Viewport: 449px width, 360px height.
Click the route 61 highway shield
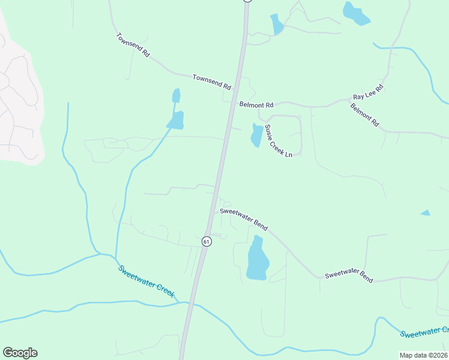click(x=206, y=241)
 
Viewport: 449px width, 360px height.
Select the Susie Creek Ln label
click(x=279, y=141)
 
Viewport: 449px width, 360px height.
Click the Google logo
click(x=20, y=353)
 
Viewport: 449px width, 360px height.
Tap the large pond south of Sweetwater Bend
click(x=258, y=259)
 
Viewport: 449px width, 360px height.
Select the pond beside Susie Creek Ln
click(x=256, y=135)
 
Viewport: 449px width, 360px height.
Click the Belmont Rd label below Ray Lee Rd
click(x=365, y=115)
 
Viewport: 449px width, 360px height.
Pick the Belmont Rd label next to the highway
click(x=256, y=104)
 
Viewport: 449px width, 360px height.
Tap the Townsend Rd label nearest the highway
click(x=212, y=82)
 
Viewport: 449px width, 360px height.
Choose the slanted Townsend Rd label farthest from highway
click(x=133, y=45)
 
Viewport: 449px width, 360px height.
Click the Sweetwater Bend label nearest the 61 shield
click(x=243, y=217)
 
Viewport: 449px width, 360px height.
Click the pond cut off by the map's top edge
click(x=356, y=13)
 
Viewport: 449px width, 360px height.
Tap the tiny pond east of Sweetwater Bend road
click(x=426, y=212)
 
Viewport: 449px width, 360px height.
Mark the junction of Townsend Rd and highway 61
click(x=238, y=78)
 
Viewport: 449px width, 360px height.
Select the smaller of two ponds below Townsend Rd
click(x=176, y=96)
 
